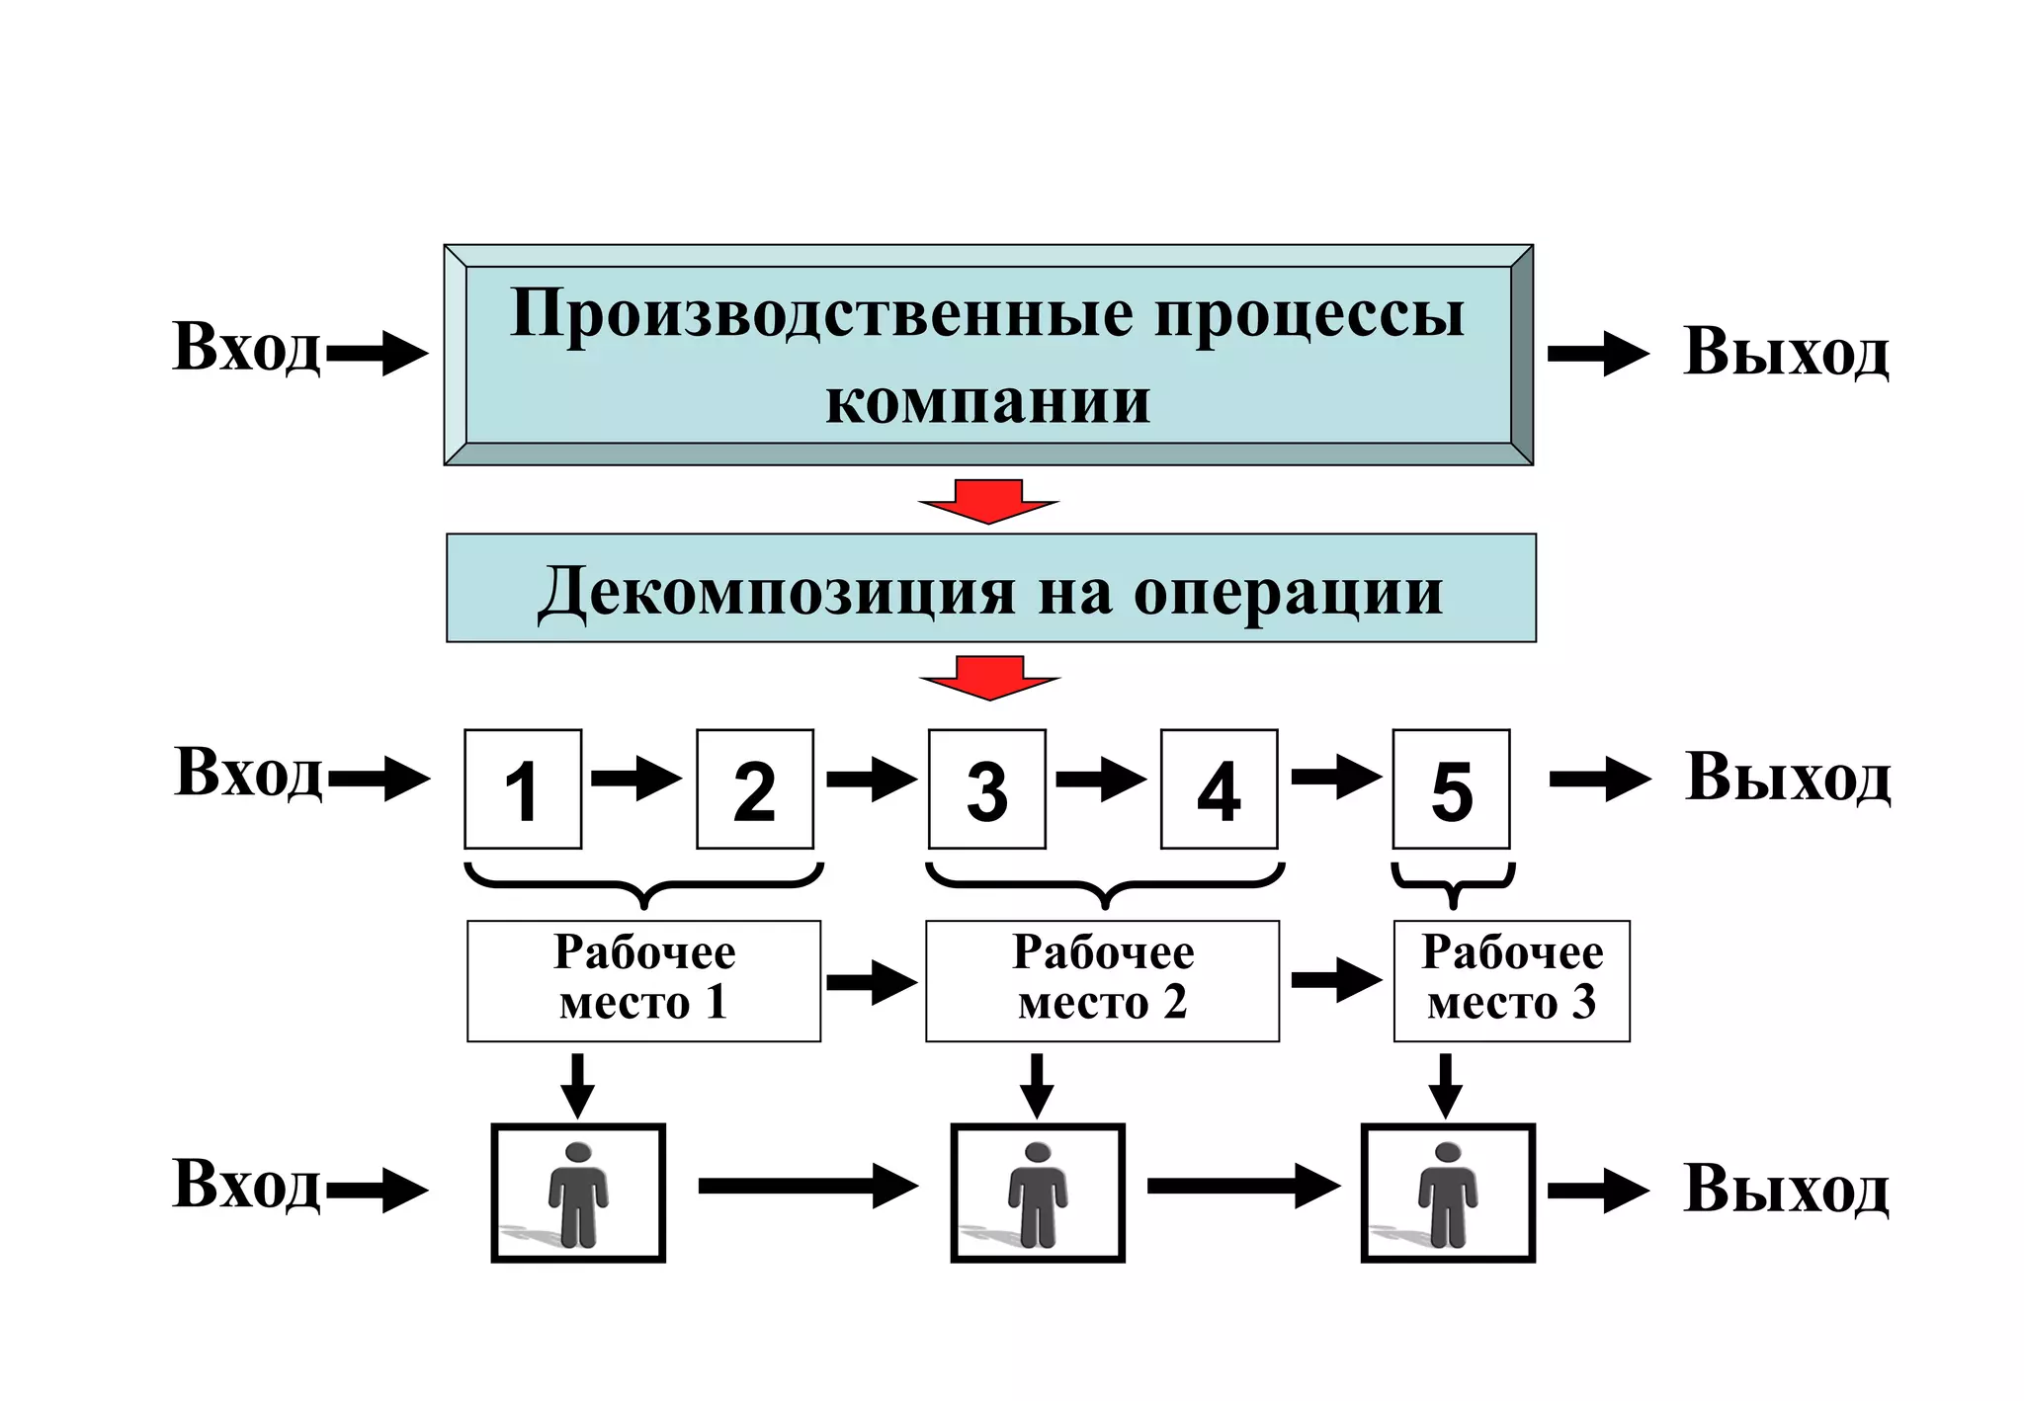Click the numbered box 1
click(x=523, y=789)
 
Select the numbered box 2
click(x=755, y=789)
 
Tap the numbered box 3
click(x=986, y=789)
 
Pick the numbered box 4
click(x=1219, y=789)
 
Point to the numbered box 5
click(x=1451, y=789)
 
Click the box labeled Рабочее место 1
click(x=643, y=980)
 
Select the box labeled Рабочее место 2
click(x=1102, y=980)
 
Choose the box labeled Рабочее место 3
click(x=1511, y=980)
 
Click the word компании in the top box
click(x=987, y=401)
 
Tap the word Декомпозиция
click(x=777, y=592)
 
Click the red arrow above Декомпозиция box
click(x=988, y=502)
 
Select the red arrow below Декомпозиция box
click(x=989, y=678)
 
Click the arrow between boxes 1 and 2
click(x=637, y=779)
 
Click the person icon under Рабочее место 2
click(x=1038, y=1193)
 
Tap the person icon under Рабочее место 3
click(x=1448, y=1193)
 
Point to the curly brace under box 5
click(x=1453, y=883)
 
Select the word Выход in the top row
click(x=1786, y=352)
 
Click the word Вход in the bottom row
click(x=247, y=1185)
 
